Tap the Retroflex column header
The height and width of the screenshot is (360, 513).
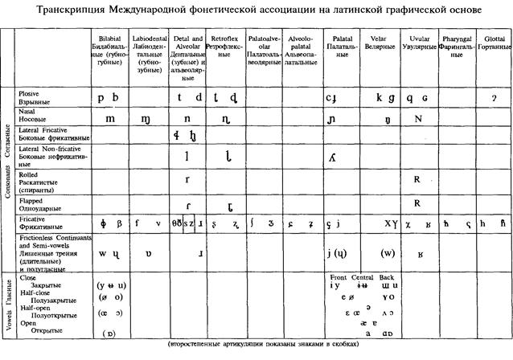(x=226, y=38)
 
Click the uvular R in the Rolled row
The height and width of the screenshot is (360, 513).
(x=417, y=179)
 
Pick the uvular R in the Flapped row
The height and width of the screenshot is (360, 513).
(x=417, y=202)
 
